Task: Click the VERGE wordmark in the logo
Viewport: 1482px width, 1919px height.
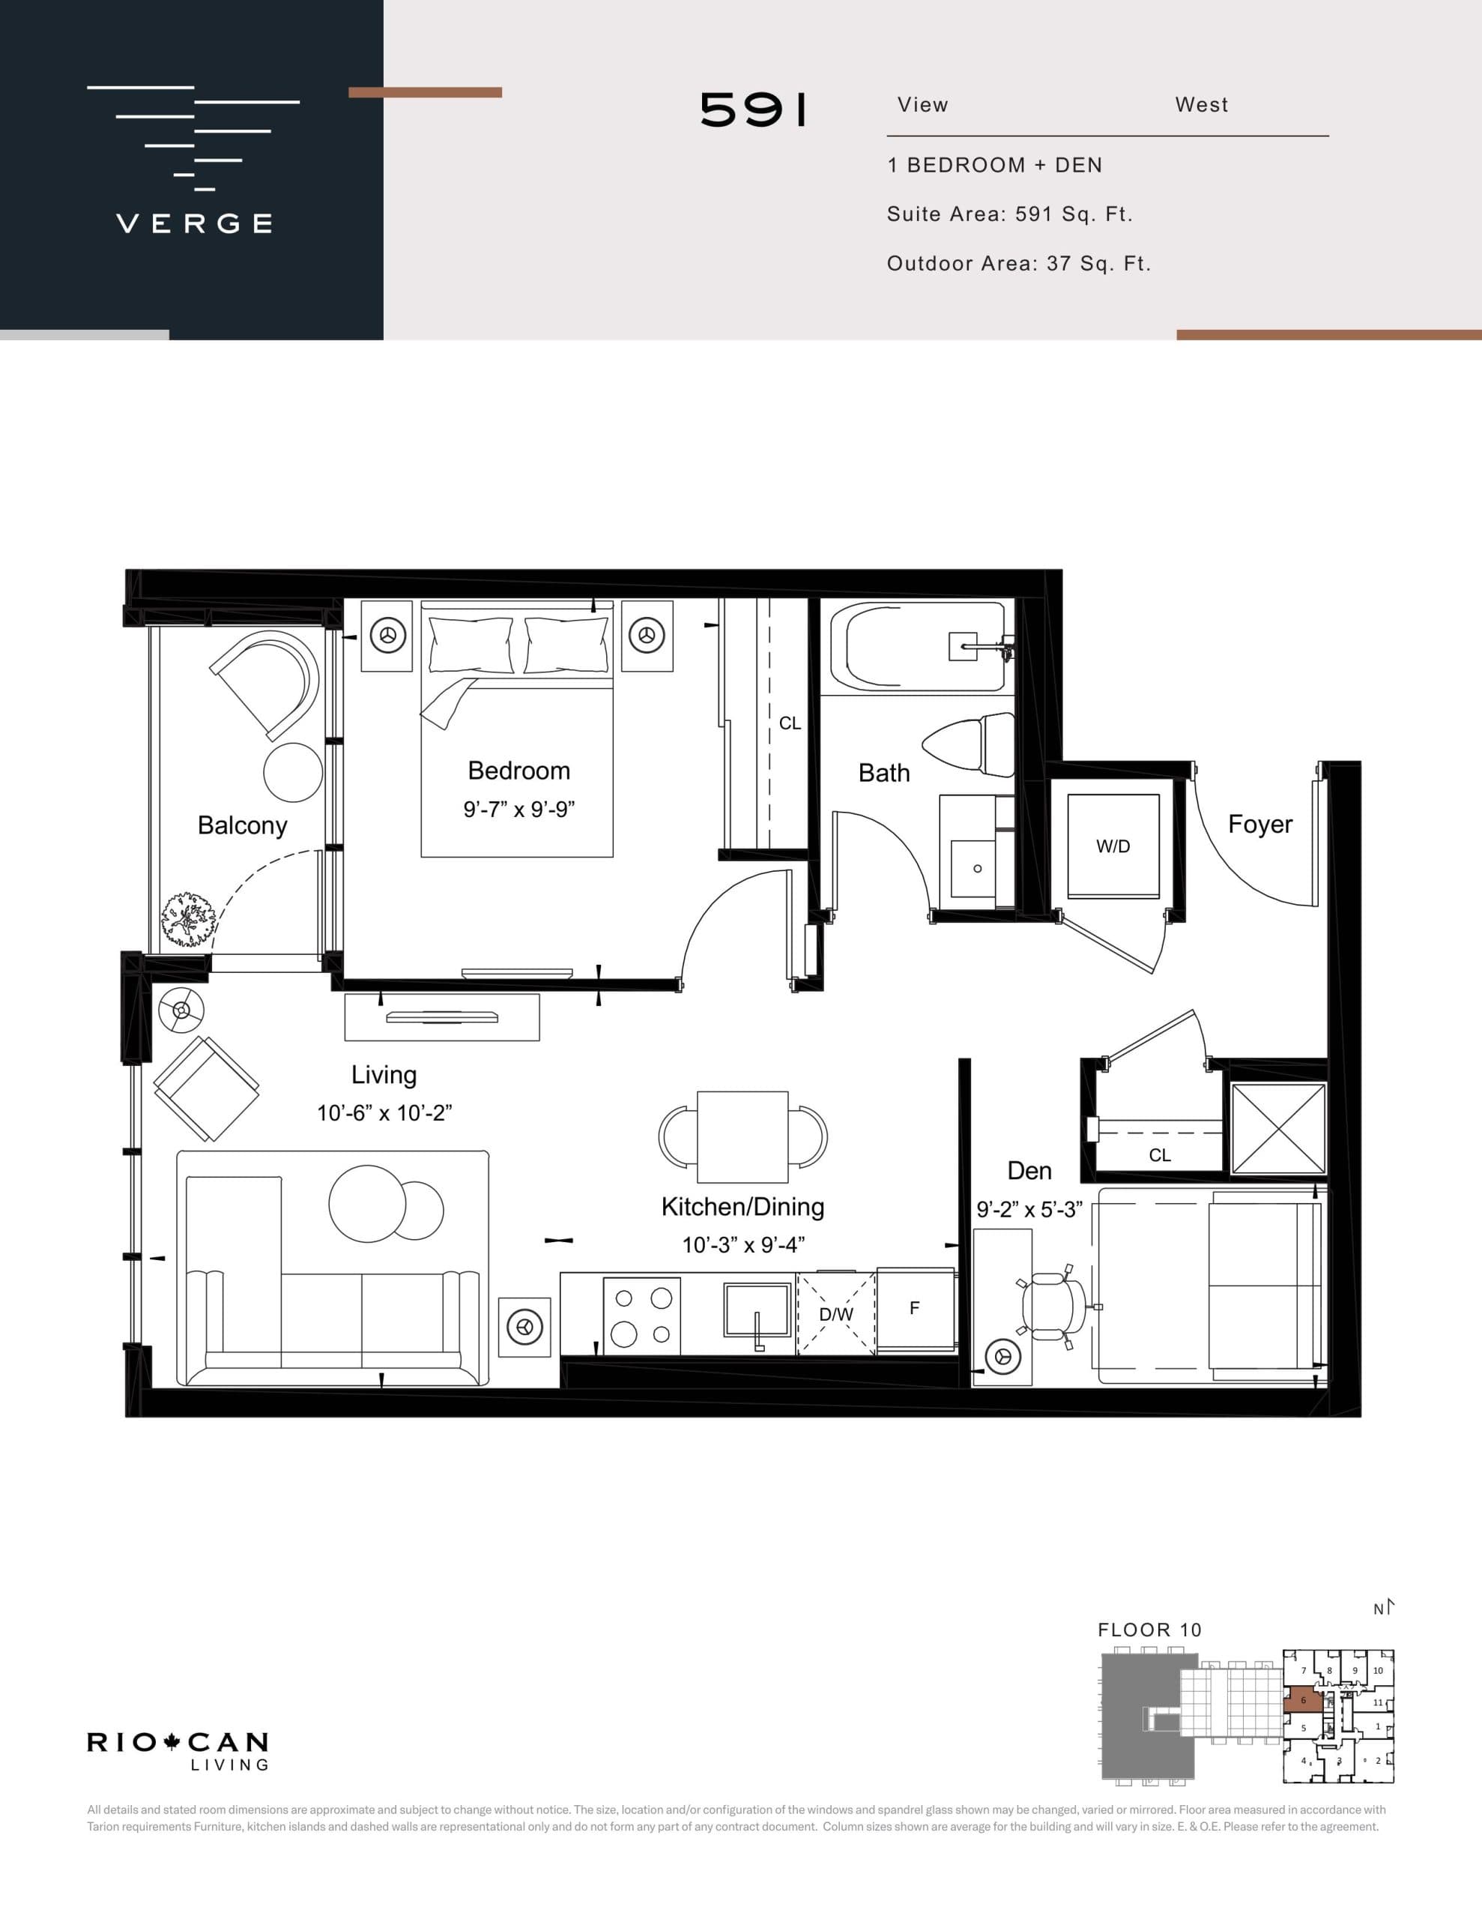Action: (x=194, y=223)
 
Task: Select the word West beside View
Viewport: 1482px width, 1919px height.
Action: (x=1201, y=104)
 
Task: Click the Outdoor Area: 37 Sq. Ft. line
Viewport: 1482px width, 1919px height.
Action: (x=1018, y=264)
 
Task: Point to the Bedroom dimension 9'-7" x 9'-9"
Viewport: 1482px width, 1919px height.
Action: (x=518, y=810)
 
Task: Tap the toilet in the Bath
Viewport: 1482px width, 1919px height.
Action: (x=971, y=746)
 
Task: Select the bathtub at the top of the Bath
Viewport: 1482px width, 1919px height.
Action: (x=916, y=647)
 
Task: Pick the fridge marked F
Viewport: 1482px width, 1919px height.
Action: (x=915, y=1308)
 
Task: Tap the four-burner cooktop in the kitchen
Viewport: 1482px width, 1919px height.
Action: (x=641, y=1316)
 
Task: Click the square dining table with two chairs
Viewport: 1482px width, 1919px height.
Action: (x=742, y=1137)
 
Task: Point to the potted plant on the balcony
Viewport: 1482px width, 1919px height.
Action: (x=188, y=920)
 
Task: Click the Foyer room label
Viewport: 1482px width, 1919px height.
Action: (x=1259, y=824)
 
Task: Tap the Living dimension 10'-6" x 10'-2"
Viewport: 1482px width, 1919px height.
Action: (x=384, y=1113)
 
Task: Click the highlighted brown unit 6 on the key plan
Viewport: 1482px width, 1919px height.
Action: (x=1302, y=1700)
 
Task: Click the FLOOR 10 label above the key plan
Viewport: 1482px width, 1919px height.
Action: (x=1149, y=1630)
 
